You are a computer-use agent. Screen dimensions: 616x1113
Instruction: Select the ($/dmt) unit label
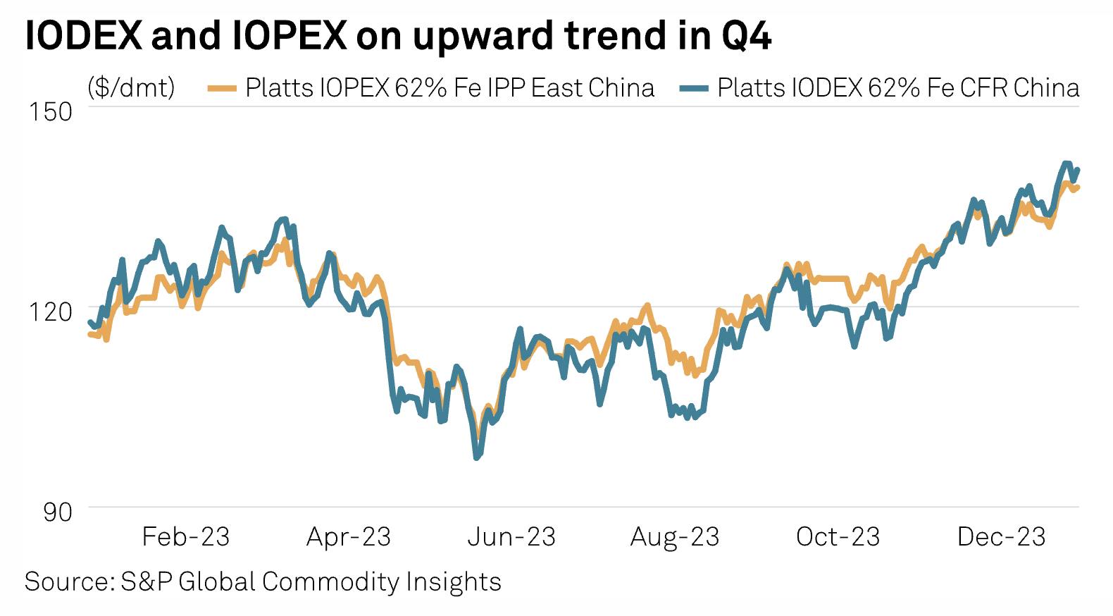click(131, 88)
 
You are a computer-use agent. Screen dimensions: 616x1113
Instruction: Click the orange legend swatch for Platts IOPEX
click(222, 89)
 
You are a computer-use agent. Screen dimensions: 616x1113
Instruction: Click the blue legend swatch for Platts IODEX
click(694, 89)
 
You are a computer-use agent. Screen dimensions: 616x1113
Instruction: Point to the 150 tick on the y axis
click(50, 111)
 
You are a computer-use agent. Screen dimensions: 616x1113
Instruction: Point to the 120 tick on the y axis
click(50, 311)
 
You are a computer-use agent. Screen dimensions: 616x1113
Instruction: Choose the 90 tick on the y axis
click(58, 512)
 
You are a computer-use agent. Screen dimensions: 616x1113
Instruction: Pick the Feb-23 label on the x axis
click(186, 537)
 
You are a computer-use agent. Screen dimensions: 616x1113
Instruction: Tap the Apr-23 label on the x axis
click(349, 537)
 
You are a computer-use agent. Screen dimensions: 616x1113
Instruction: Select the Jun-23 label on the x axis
click(511, 537)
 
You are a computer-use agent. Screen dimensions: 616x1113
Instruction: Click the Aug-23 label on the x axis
click(675, 537)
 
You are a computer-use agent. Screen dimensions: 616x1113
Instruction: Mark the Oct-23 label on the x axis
click(838, 537)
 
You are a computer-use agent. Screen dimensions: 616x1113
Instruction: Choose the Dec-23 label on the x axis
click(1002, 537)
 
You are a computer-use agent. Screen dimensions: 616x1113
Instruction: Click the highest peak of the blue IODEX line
click(1066, 164)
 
